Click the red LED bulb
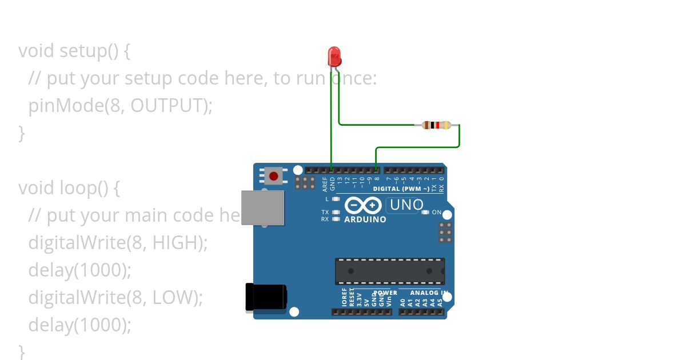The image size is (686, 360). (334, 57)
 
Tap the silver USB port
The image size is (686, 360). (262, 207)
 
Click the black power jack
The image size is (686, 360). (265, 298)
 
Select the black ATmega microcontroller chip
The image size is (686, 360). (389, 271)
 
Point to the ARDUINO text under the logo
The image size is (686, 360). (365, 219)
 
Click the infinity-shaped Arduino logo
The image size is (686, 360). (363, 205)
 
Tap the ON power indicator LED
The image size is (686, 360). (425, 213)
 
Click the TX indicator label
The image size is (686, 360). (325, 212)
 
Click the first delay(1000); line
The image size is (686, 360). (79, 270)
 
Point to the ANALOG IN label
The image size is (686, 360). (428, 293)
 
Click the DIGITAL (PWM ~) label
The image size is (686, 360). (401, 189)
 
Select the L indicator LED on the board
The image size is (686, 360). (336, 199)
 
